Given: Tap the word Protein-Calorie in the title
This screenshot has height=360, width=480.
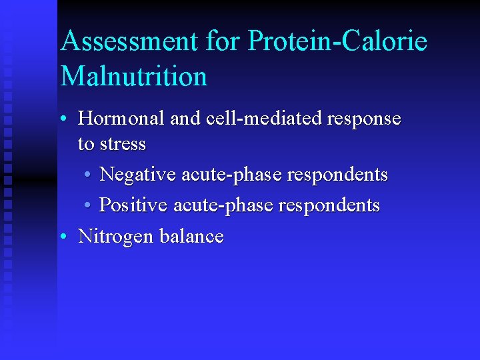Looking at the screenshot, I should point(337,41).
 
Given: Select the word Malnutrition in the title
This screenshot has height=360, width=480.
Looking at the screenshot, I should point(134,76).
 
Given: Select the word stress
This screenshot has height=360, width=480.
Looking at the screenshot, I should point(121,143).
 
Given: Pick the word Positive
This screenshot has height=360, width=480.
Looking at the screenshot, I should point(133,205).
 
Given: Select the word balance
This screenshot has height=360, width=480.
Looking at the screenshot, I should point(191,236).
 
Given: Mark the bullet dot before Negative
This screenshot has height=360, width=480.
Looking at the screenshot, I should point(88,175).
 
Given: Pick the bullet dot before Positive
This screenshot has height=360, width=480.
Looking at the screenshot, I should point(88,206).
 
